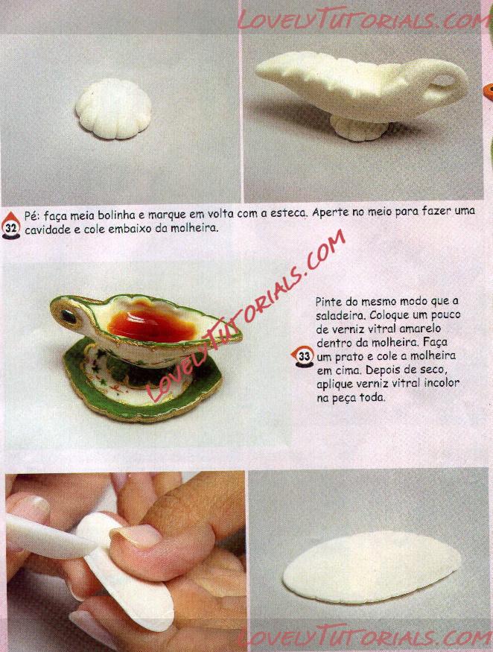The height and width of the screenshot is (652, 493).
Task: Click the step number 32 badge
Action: pos(11,227)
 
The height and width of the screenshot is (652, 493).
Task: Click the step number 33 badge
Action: pos(303,356)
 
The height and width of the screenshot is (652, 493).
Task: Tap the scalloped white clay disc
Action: pos(113,109)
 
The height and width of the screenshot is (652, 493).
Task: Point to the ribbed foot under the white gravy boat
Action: pos(359,128)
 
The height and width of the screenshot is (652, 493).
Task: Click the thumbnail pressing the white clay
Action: pos(140,535)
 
